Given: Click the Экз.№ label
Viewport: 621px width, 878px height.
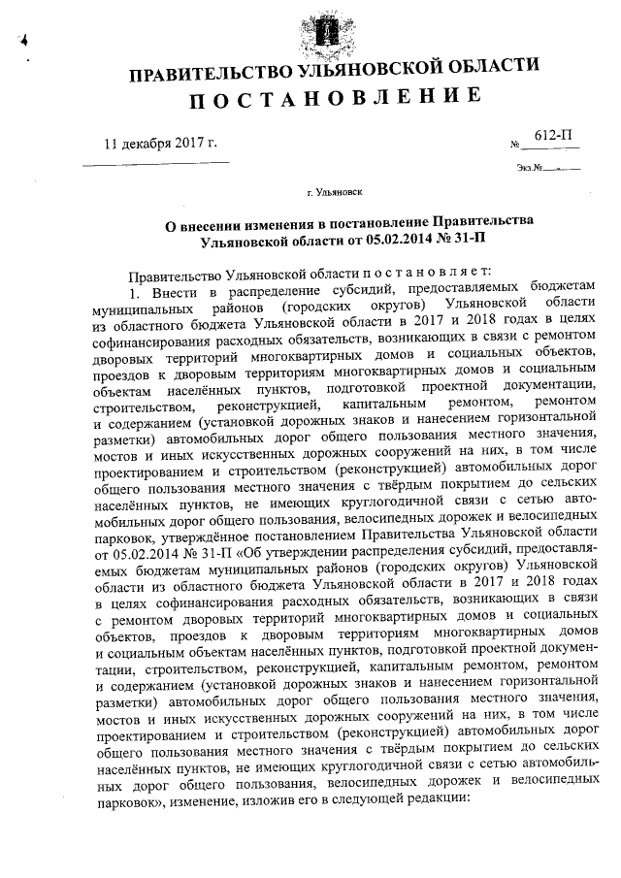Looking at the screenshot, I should pos(530,168).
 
